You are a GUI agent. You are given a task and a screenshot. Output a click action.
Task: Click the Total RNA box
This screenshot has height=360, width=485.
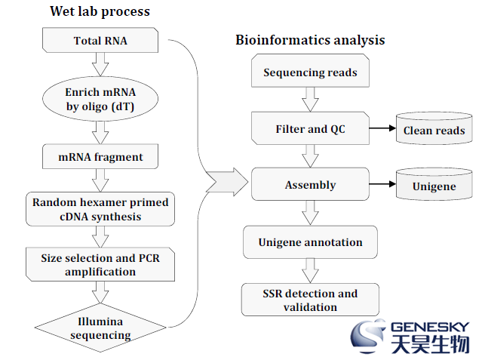[x=100, y=40]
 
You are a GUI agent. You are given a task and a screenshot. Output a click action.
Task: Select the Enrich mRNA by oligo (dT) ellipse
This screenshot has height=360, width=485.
[x=100, y=99]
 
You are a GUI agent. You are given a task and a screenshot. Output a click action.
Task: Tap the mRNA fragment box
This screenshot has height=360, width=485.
[x=100, y=157]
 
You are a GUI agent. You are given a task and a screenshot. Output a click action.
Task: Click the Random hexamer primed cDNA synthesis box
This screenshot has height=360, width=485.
[x=100, y=209]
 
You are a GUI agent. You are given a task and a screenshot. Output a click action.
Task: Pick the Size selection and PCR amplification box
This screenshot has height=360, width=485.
[x=100, y=264]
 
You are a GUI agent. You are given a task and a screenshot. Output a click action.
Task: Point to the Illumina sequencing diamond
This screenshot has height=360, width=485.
[x=100, y=328]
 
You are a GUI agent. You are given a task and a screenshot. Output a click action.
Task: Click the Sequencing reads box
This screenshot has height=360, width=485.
[x=310, y=71]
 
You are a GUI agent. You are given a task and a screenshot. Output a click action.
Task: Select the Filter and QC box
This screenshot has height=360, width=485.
[x=310, y=128]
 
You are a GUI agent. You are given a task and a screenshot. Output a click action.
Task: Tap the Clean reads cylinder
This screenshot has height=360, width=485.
[x=434, y=128]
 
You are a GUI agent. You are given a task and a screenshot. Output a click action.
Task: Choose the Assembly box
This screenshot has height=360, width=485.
[x=310, y=184]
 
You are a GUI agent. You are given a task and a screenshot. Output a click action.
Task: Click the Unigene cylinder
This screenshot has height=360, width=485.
[x=434, y=184]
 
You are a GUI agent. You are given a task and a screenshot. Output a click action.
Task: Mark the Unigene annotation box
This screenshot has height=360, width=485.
[x=310, y=242]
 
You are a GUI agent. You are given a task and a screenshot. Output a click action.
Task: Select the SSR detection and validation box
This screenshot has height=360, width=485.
[x=310, y=300]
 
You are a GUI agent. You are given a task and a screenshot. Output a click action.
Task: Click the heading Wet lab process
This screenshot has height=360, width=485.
[x=100, y=12]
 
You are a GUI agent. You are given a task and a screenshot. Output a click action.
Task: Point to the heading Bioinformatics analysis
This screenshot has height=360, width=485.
[x=310, y=40]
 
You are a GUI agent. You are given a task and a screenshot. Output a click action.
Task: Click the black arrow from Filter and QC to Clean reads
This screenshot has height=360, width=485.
[x=382, y=128]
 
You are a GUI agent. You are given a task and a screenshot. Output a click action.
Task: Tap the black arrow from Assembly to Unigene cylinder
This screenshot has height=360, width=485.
[x=382, y=184]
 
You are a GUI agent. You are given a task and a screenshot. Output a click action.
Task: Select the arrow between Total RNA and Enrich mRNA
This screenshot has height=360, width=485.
[x=100, y=64]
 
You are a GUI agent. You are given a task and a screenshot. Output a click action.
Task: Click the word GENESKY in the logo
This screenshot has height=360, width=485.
[x=430, y=327]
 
